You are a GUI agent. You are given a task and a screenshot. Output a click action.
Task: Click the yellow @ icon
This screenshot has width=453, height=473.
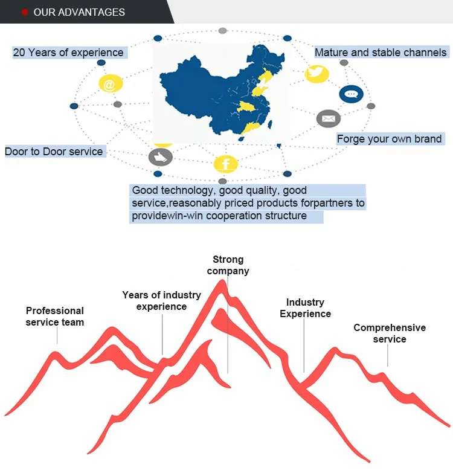click(x=109, y=85)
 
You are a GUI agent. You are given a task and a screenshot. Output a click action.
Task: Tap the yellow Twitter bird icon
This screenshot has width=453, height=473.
click(x=317, y=74)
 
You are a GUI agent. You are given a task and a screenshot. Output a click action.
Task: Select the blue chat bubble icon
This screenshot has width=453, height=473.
click(x=351, y=94)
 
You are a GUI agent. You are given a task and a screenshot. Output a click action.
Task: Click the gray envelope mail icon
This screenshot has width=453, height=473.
click(x=329, y=118)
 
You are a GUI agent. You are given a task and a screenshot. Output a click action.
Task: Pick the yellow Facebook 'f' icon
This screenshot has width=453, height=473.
click(x=226, y=164)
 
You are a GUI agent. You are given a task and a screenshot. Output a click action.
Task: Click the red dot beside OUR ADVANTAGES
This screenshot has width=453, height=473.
click(x=25, y=12)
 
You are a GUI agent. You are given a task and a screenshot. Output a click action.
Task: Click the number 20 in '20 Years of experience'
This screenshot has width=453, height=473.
click(x=19, y=53)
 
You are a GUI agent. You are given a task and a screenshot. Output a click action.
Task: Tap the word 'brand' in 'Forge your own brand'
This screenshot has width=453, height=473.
click(x=428, y=139)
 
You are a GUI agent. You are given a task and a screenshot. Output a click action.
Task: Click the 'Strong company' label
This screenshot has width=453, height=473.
click(x=228, y=265)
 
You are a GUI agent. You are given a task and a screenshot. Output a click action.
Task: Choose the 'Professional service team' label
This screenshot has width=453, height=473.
click(x=55, y=317)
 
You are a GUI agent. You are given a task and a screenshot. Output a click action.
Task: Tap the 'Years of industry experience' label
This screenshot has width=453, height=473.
click(x=161, y=301)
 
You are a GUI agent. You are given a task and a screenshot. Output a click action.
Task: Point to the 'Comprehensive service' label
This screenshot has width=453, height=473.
click(x=390, y=333)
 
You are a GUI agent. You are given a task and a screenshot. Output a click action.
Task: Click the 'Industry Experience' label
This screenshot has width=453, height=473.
click(x=305, y=308)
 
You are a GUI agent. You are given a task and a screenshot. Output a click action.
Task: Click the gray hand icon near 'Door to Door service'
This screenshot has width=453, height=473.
click(x=160, y=158)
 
